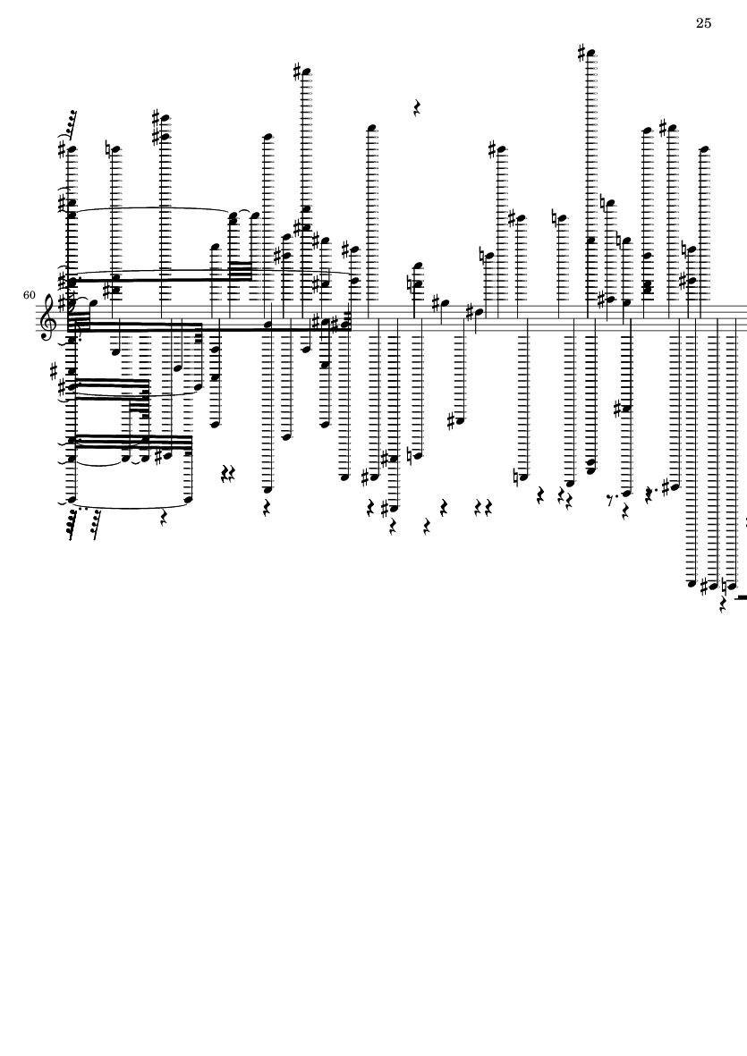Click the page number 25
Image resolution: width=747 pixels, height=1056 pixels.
click(x=703, y=23)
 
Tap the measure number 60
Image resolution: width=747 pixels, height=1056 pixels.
click(x=29, y=295)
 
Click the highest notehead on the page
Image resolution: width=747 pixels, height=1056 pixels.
click(x=592, y=54)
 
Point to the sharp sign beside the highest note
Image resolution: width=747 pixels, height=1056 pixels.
click(x=582, y=52)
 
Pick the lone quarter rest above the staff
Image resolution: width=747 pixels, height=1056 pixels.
click(x=417, y=108)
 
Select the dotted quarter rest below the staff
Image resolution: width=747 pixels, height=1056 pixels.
click(x=649, y=495)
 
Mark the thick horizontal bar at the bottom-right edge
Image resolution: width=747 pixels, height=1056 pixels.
click(x=741, y=597)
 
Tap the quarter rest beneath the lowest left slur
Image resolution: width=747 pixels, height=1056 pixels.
click(x=165, y=517)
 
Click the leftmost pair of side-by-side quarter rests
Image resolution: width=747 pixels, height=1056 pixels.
click(x=228, y=475)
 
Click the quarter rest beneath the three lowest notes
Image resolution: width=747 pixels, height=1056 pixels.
click(x=724, y=604)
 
